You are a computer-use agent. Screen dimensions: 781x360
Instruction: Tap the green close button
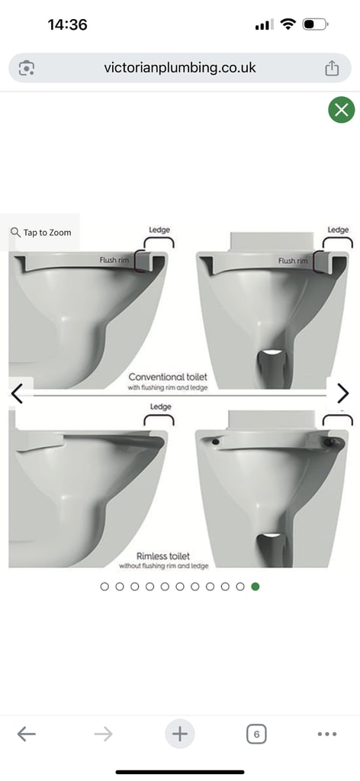342,110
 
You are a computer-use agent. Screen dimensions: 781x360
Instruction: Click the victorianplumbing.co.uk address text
180,68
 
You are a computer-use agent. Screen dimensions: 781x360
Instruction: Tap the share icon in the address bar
332,68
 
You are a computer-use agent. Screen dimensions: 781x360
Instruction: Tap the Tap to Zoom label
41,233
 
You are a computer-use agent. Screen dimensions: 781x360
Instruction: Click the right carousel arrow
342,394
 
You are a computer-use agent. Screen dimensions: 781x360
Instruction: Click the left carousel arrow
18,394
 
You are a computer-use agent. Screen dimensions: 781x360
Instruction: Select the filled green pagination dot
256,587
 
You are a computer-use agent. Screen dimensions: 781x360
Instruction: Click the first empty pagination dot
105,587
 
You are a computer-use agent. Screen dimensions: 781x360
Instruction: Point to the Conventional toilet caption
168,378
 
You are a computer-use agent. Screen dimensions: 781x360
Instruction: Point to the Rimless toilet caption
163,557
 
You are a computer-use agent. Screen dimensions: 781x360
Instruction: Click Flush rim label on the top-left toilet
114,260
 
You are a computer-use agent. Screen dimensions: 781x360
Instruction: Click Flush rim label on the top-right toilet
292,261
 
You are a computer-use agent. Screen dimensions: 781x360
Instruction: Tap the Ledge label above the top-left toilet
159,230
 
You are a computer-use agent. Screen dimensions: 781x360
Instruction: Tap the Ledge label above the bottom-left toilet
160,407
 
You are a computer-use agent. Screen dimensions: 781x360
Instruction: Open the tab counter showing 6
256,734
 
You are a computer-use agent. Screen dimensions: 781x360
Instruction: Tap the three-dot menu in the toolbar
326,734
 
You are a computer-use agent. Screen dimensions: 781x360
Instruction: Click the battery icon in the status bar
314,24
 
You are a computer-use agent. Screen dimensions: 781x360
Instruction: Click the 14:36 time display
67,24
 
